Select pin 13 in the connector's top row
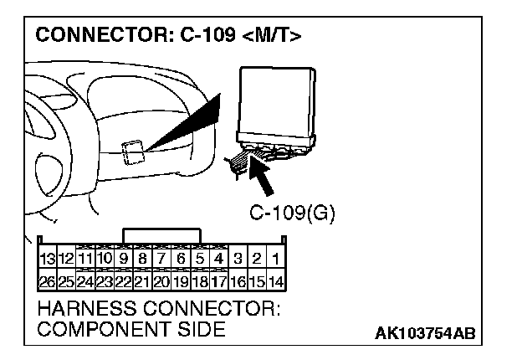coord(48,260)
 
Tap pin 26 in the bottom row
coord(48,282)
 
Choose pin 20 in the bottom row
coord(162,282)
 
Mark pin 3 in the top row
coord(238,260)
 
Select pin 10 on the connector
coord(105,260)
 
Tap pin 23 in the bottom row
coord(105,282)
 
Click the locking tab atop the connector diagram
coord(161,235)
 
